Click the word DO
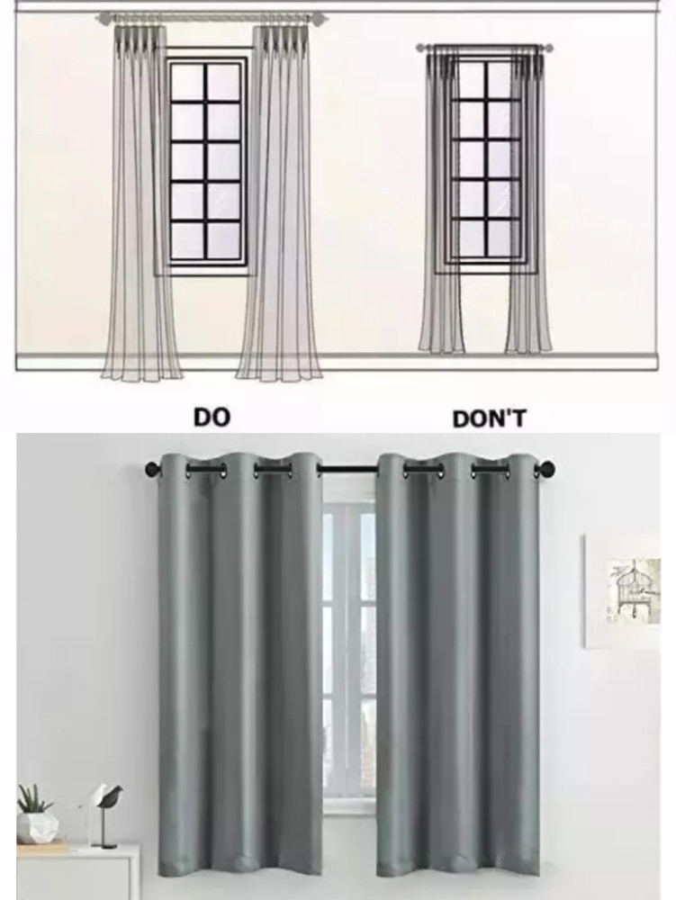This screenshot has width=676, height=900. pos(212,418)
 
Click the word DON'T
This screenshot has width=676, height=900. pos(489,419)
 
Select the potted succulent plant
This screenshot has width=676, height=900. pos(36,815)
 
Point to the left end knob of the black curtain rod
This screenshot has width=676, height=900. pos(152,468)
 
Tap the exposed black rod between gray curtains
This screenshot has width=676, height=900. pos(349,470)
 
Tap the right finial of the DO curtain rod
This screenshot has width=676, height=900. pos(319,18)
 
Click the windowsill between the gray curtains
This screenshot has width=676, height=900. pos(349,810)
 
